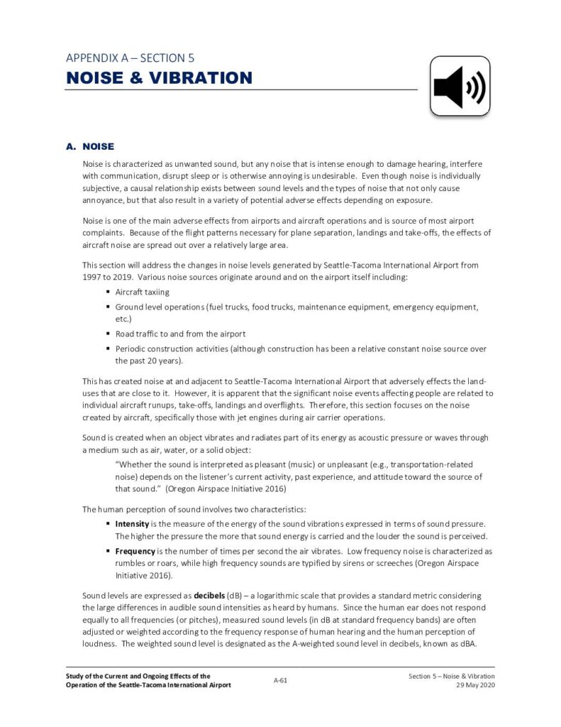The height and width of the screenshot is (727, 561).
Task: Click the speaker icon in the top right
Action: click(x=460, y=87)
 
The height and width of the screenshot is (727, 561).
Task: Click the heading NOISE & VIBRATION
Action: click(x=159, y=77)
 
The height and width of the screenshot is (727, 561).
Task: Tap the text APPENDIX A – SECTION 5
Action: click(x=130, y=58)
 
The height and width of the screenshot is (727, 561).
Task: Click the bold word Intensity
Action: click(x=131, y=523)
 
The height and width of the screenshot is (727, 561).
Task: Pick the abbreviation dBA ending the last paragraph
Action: click(x=466, y=643)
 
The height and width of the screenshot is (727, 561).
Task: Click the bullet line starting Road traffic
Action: click(x=180, y=333)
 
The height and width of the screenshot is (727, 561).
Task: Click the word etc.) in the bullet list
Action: click(x=123, y=319)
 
